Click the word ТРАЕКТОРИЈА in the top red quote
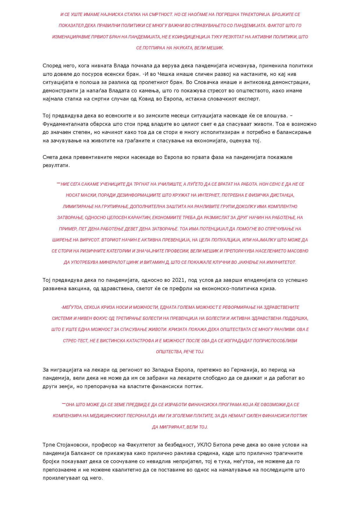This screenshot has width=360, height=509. (250, 15)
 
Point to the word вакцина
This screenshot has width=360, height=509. (76, 289)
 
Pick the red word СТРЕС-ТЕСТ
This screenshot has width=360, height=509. (75, 341)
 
